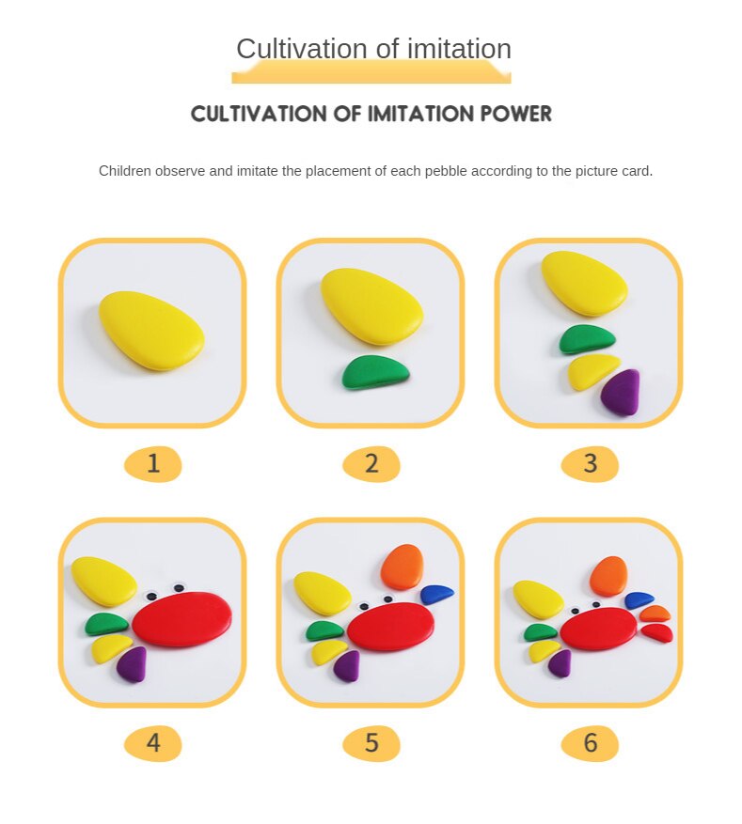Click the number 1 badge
click(153, 463)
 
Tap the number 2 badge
click(371, 463)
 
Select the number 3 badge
click(590, 463)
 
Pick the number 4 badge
click(153, 743)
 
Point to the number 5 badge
click(371, 743)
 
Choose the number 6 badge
click(590, 743)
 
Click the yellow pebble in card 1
click(151, 330)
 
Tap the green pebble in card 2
click(375, 372)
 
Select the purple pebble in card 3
click(621, 392)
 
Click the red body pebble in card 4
click(182, 619)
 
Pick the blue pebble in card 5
click(437, 594)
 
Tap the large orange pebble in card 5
click(403, 567)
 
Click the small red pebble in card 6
click(657, 632)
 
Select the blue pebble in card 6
click(639, 600)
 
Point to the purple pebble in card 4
click(132, 665)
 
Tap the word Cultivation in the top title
click(302, 49)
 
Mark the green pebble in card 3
click(587, 339)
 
